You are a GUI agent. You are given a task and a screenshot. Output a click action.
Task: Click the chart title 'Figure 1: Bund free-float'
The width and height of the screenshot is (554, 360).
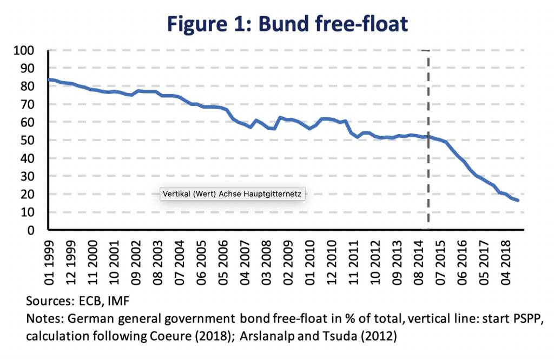point(287,24)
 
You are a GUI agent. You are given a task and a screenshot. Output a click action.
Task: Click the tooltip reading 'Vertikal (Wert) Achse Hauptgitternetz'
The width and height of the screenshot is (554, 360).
point(233,194)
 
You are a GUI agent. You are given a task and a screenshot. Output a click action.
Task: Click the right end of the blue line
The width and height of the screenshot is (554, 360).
point(518,201)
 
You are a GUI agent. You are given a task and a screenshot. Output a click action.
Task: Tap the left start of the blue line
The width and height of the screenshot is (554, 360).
point(49,79)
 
